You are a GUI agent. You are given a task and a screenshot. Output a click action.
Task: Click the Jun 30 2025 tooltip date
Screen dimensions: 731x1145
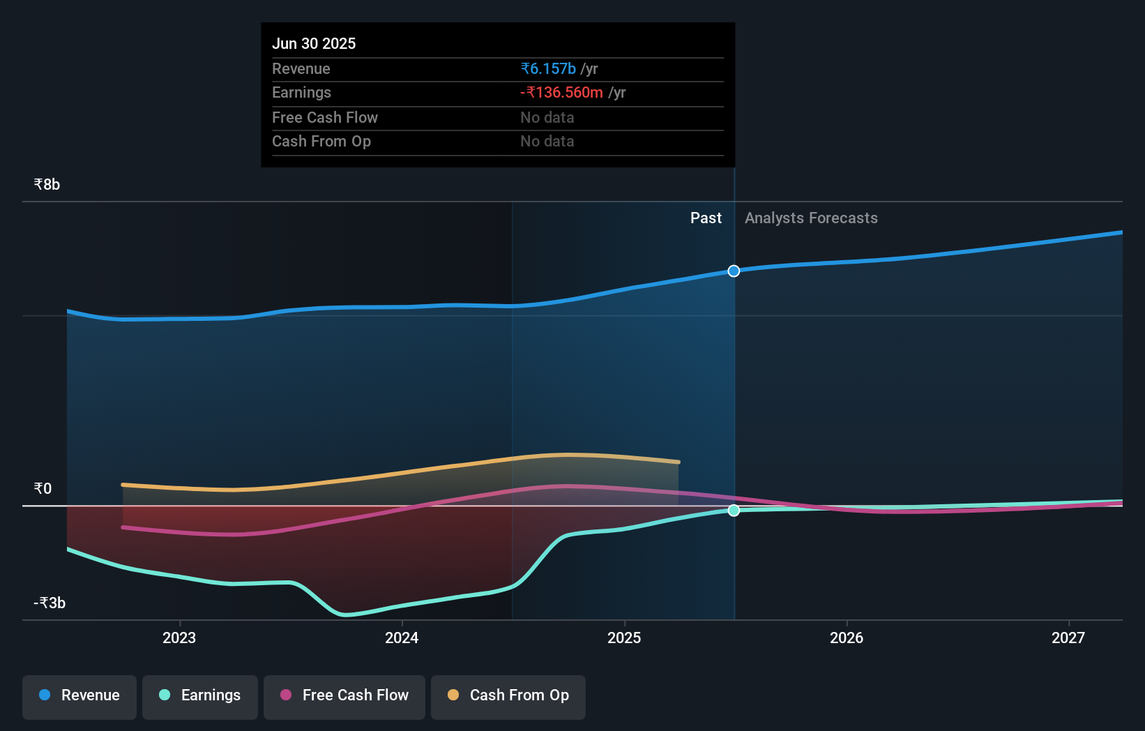[x=314, y=44]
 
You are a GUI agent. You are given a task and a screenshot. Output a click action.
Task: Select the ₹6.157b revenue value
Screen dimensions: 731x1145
[x=548, y=69]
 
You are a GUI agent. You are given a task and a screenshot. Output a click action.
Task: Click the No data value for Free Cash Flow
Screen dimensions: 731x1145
[x=547, y=118]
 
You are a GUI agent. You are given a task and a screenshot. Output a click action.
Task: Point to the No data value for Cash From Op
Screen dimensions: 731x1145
[x=547, y=142]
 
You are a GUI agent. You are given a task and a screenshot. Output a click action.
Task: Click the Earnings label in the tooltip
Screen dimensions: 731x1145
[x=301, y=93]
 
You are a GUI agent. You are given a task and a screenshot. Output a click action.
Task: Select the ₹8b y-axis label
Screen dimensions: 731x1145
[x=47, y=185]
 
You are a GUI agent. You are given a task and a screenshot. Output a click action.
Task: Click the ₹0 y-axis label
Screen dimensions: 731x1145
[x=43, y=489]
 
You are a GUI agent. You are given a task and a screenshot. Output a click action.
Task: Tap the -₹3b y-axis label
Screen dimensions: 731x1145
[x=50, y=603]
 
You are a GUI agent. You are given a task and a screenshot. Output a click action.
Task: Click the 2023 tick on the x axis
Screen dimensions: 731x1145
[x=179, y=638]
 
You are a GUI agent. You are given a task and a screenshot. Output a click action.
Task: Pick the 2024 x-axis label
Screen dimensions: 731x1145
[x=402, y=638]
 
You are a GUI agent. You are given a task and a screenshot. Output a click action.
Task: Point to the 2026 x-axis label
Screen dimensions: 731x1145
[x=846, y=638]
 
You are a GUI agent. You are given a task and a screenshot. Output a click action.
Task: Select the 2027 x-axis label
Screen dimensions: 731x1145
[x=1068, y=638]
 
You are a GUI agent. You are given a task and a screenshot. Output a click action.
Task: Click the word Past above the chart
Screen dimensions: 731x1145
[x=706, y=218]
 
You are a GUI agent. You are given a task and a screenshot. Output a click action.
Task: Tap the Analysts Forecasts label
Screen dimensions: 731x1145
[x=811, y=218]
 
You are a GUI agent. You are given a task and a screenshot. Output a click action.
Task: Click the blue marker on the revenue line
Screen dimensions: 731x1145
[x=734, y=271]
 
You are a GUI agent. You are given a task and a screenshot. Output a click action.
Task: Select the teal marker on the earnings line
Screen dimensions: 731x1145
[x=734, y=511]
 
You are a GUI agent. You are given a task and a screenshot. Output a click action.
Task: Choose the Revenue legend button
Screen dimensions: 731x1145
[x=79, y=696]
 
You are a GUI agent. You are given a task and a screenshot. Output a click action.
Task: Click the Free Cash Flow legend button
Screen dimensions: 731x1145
[x=344, y=696]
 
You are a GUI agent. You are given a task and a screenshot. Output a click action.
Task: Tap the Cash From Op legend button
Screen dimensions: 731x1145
[x=508, y=696]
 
